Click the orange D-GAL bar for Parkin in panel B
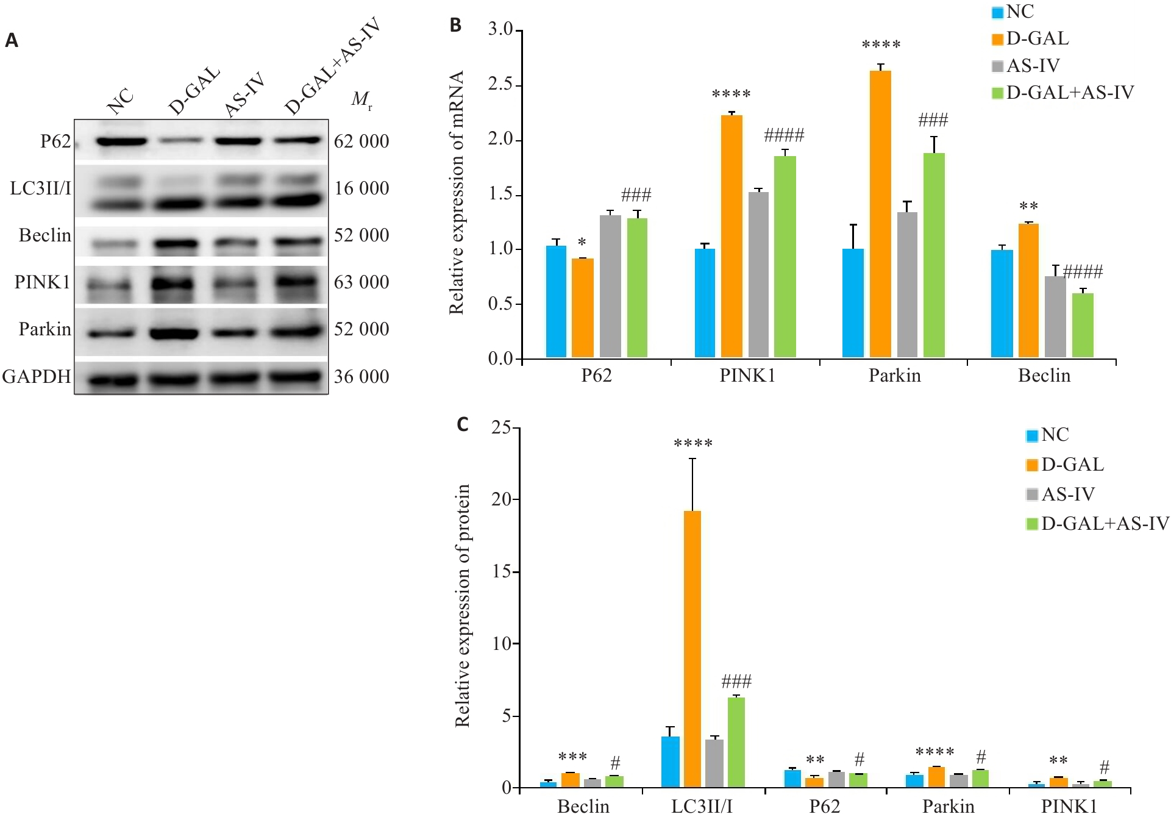[880, 213]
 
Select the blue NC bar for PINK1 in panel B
[705, 302]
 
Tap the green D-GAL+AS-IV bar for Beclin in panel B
[1083, 325]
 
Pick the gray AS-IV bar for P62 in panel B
[610, 286]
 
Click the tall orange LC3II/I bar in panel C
[692, 649]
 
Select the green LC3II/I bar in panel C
[736, 742]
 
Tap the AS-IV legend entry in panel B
[1026, 65]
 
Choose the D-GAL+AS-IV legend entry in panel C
[1097, 524]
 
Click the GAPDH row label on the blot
[37, 376]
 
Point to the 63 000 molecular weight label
[361, 282]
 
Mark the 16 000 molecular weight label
[361, 188]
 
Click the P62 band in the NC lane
[121, 141]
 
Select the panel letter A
[12, 41]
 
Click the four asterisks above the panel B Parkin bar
[881, 45]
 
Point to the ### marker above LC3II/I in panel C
[736, 681]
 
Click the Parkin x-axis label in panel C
[948, 806]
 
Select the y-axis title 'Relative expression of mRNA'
[457, 193]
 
